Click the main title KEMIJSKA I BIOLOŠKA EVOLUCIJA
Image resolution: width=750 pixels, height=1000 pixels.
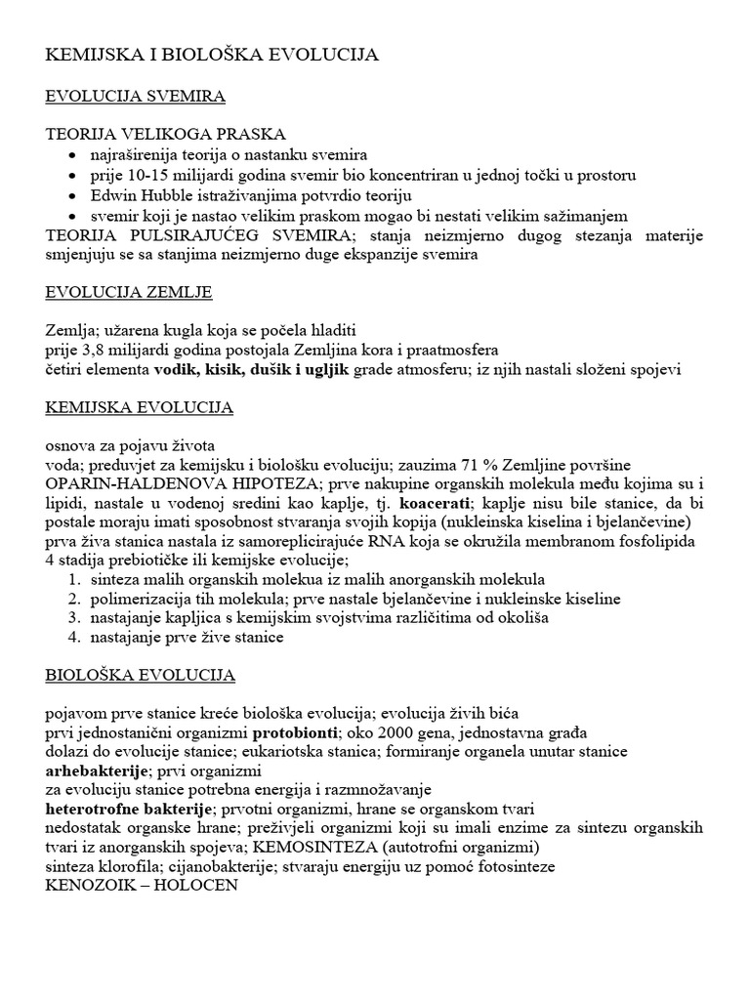(213, 57)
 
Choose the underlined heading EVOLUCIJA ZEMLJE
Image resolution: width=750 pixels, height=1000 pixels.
(129, 292)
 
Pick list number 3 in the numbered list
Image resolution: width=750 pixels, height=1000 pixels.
(74, 617)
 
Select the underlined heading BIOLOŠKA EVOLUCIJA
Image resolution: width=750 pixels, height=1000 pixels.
(141, 675)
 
